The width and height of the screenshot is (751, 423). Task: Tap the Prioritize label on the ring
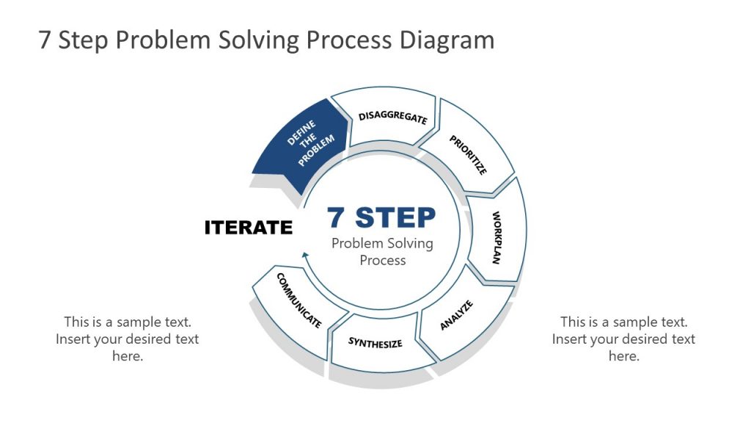coord(468,155)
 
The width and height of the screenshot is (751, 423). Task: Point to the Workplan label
coord(497,238)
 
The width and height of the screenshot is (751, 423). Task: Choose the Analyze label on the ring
coord(457,315)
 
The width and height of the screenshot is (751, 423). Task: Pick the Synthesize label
coord(375,342)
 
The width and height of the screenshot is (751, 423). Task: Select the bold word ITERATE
coord(248,228)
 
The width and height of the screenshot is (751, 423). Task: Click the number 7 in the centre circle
coord(337,217)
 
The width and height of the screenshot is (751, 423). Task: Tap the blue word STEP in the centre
coord(396,217)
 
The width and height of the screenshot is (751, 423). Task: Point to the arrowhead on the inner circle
coord(304,256)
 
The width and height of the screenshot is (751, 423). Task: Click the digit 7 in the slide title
coord(45,40)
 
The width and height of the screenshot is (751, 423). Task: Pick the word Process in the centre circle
coord(382,261)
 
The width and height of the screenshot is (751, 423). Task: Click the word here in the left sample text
coord(127,356)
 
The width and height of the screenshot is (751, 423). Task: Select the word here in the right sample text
coord(623,356)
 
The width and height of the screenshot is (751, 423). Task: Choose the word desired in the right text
coord(638,339)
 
